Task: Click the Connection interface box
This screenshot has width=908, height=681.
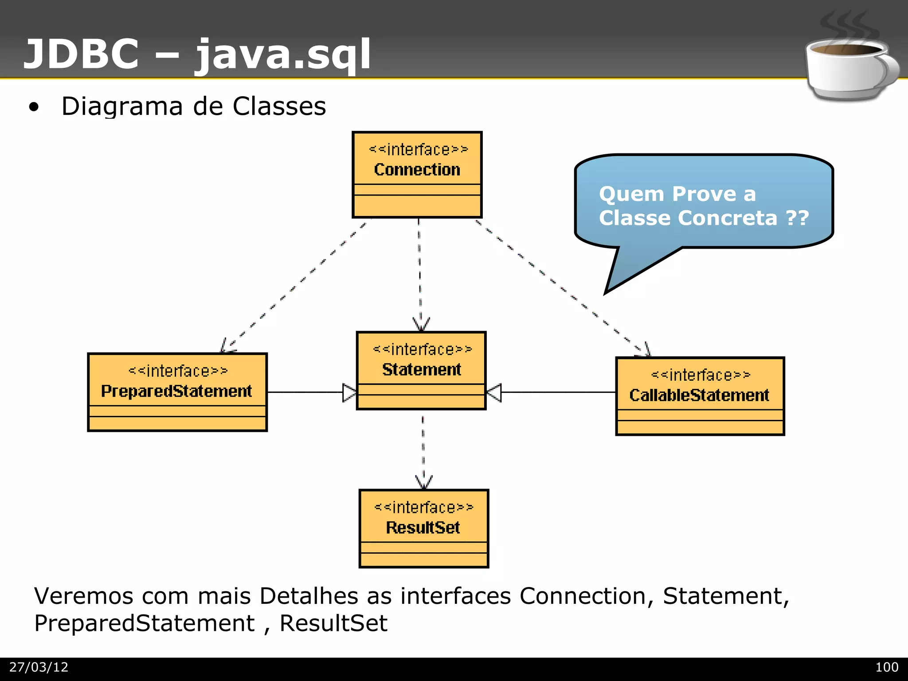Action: pos(417,175)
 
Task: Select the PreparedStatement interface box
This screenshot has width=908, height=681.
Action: pos(177,392)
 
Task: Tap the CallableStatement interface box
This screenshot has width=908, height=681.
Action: pos(700,396)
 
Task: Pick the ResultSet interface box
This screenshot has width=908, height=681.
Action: pos(423,528)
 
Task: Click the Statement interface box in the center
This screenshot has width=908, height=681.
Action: pos(421,370)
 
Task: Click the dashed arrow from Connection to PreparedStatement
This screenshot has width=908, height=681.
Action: pos(295,286)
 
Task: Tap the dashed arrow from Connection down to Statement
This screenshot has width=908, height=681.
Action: pos(420,275)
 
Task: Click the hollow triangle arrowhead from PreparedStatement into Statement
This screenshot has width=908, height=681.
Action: pos(349,393)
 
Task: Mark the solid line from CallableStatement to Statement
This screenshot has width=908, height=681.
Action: pos(559,392)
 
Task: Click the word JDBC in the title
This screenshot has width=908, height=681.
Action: pos(81,54)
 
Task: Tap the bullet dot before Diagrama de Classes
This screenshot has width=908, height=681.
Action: pos(34,107)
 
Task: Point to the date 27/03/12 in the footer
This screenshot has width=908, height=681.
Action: pos(39,667)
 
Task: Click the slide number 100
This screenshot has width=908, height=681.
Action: pos(886,667)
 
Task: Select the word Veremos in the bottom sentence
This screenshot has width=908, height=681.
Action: pos(83,596)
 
